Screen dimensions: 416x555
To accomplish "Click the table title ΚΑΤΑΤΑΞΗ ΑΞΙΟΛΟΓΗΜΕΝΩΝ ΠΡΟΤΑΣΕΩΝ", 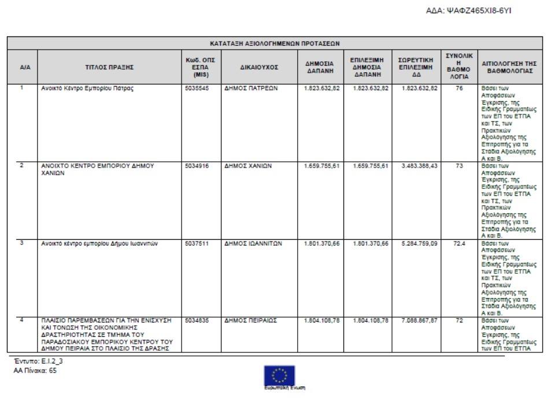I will pyautogui.click(x=275, y=43).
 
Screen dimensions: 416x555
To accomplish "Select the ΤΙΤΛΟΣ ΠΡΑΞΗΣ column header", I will pyautogui.click(x=109, y=67).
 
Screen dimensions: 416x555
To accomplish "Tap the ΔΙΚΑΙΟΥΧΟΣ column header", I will pyautogui.click(x=259, y=67).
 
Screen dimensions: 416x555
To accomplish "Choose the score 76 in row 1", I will pyautogui.click(x=460, y=88).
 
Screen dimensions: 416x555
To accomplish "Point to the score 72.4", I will pyautogui.click(x=460, y=243).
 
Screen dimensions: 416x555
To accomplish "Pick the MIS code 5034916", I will pyautogui.click(x=197, y=165).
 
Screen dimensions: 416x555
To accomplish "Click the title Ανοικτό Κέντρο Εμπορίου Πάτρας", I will pyautogui.click(x=87, y=88).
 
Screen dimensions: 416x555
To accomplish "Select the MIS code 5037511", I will pyautogui.click(x=197, y=243).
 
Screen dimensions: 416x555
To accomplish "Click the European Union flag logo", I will pyautogui.click(x=279, y=376).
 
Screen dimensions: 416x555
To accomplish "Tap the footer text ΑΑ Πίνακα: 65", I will pyautogui.click(x=35, y=370).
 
